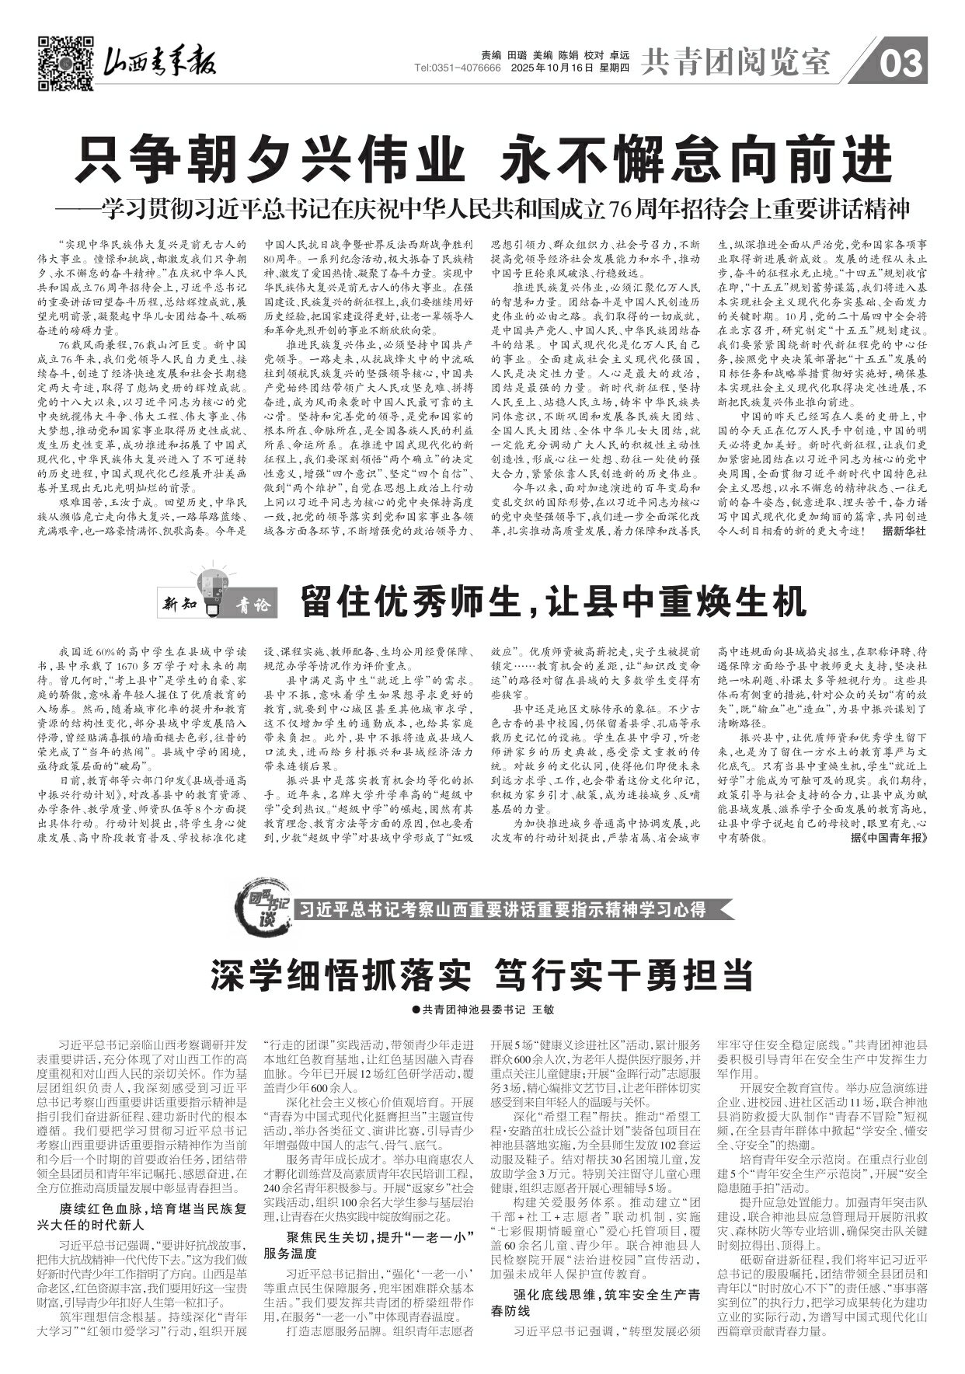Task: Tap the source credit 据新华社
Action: [904, 532]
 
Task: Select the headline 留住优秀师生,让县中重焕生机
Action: [553, 600]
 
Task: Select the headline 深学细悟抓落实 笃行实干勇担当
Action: [482, 975]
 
